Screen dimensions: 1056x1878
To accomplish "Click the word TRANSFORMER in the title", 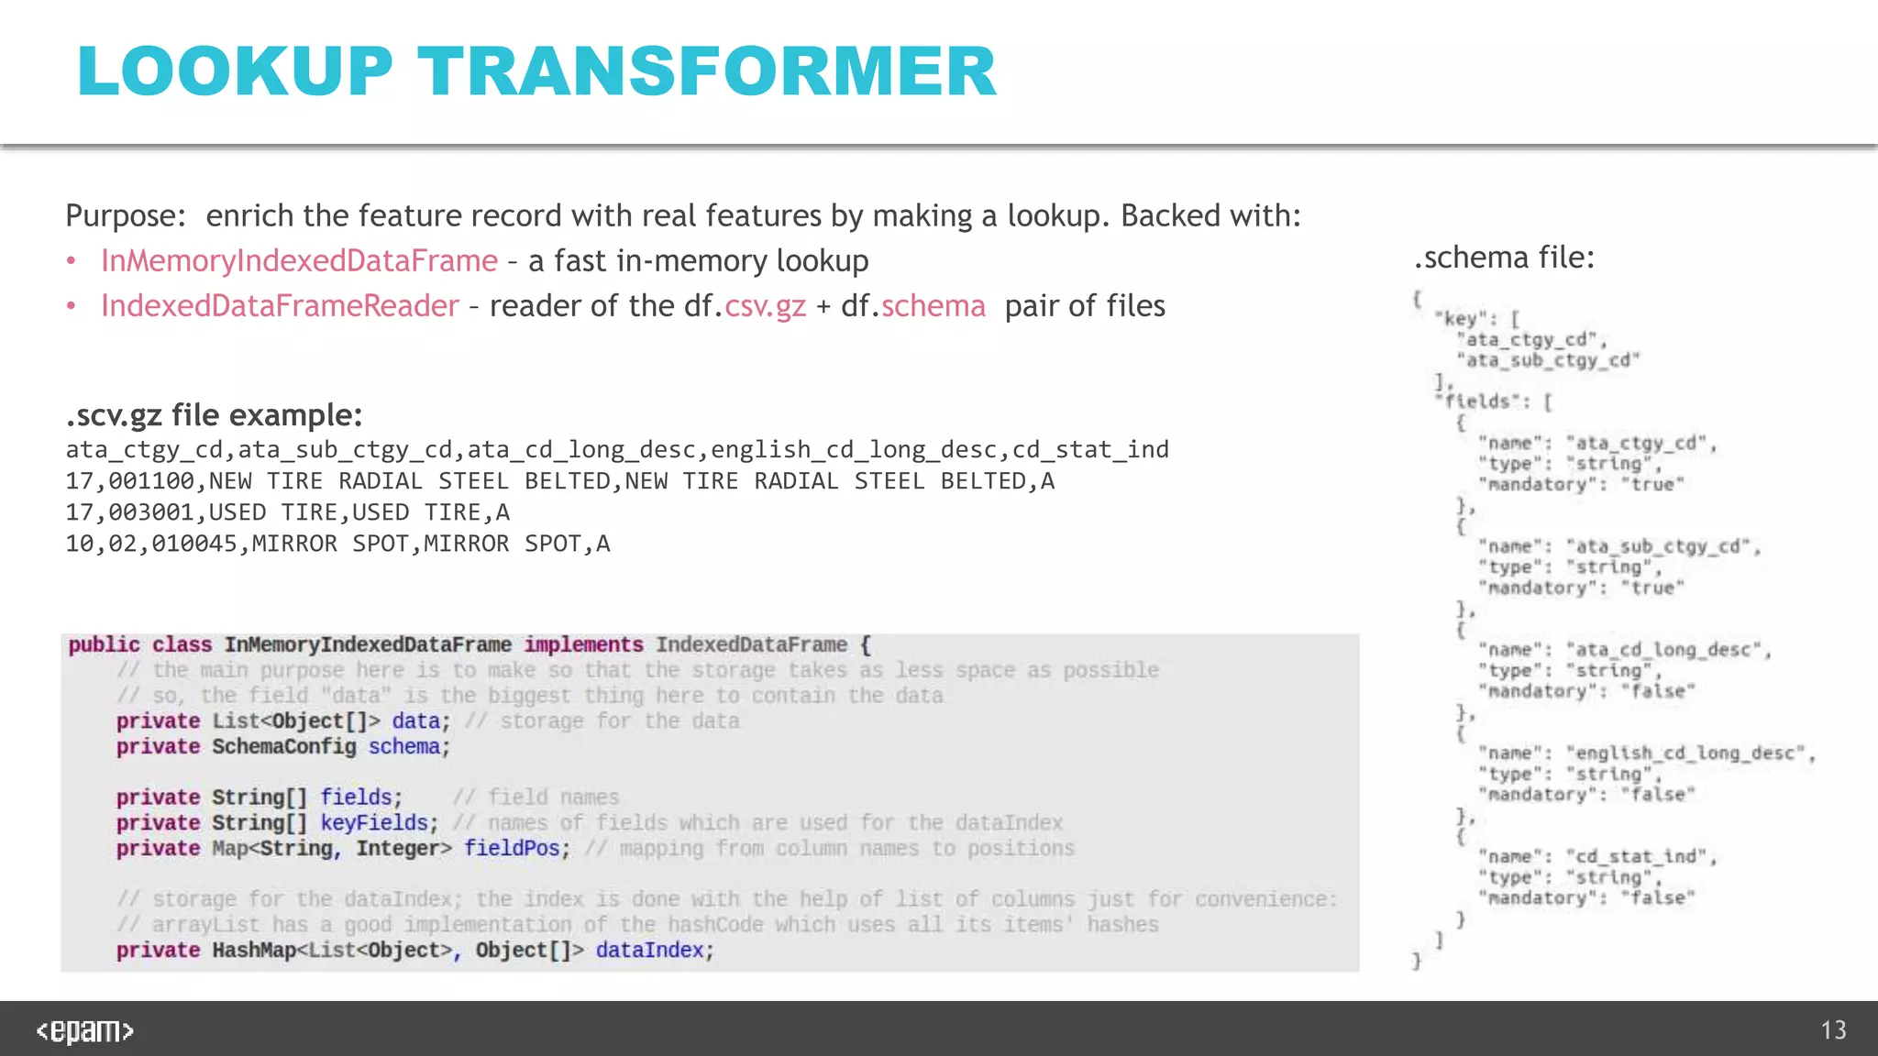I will [707, 71].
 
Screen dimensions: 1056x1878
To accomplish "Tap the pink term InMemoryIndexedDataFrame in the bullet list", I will [299, 261].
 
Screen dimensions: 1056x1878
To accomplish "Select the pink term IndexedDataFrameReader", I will [280, 306].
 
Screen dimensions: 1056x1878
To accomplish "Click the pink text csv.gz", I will [765, 306].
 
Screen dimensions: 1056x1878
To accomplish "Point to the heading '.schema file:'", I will [1504, 258].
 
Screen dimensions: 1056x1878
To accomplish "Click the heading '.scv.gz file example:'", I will [214, 415].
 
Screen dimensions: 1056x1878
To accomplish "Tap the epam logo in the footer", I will [84, 1031].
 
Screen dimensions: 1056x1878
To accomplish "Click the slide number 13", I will [1833, 1030].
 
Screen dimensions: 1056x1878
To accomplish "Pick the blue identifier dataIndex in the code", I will [649, 951].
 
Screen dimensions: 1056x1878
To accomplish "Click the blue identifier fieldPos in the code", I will [512, 848].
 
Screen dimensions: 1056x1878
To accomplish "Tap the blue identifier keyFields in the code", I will [374, 823].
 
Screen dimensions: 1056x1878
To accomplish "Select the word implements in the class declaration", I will [583, 645].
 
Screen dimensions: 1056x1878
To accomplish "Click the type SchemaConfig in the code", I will [284, 747].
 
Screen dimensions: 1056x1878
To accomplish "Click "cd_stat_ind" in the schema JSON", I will [1640, 857].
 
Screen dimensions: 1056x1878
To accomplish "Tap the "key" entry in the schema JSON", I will [1461, 319].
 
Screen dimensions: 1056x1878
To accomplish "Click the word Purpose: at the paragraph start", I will [126, 216].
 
